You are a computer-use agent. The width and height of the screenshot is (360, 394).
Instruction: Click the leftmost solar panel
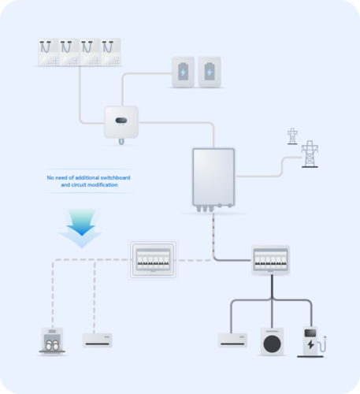click(48, 52)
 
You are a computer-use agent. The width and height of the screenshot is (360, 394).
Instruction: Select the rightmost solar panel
click(110, 52)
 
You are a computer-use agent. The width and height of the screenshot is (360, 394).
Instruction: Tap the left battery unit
click(184, 72)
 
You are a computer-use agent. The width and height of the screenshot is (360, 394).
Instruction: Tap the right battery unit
click(210, 72)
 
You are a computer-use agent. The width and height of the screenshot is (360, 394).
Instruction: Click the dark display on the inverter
click(121, 121)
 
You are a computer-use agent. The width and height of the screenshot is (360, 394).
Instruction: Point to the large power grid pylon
click(310, 154)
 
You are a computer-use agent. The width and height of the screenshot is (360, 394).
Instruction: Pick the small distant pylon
click(292, 136)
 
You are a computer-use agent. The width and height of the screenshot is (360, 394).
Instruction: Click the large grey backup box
click(213, 177)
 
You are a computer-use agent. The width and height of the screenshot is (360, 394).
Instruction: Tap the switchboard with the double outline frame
click(153, 259)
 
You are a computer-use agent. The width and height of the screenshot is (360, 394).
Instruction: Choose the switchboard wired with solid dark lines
click(270, 260)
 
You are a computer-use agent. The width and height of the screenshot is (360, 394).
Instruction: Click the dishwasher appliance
click(52, 341)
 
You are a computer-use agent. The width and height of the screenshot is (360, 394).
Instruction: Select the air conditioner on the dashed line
click(98, 340)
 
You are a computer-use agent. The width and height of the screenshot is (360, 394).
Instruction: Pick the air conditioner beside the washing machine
click(232, 340)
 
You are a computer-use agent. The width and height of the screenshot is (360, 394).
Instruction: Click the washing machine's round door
click(272, 344)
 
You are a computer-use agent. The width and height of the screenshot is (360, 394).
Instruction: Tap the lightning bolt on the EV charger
click(311, 344)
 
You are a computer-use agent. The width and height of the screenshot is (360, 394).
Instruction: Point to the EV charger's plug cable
click(322, 344)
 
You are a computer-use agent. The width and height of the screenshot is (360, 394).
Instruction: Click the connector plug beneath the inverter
click(121, 142)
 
